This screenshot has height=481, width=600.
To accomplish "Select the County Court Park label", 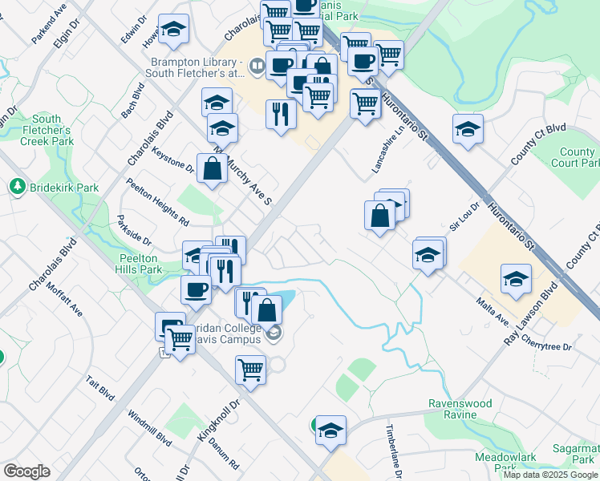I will point(577,157).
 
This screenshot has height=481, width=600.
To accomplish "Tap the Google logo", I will point(26,471).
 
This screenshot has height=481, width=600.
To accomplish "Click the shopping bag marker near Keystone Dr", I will point(212,169).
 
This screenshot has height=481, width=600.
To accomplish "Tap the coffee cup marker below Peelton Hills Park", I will point(196,290).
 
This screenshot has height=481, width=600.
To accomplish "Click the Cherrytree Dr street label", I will point(545,348).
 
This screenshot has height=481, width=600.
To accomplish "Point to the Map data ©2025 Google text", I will point(549,474).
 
